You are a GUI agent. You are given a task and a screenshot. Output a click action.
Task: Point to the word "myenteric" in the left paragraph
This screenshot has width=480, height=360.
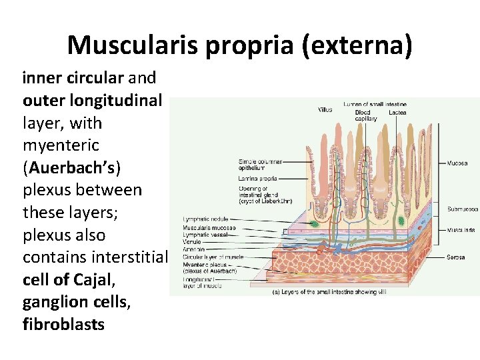(61, 145)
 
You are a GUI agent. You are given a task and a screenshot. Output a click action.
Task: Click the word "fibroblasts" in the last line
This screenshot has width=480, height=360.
(63, 324)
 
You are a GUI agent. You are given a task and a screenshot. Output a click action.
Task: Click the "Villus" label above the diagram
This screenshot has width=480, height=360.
(325, 109)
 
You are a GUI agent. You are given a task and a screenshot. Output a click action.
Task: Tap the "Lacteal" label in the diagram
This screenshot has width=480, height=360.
(397, 113)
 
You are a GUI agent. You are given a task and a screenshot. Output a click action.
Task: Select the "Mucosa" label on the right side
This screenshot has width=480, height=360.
(457, 163)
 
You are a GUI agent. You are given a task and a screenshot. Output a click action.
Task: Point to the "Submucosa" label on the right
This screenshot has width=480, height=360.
(462, 209)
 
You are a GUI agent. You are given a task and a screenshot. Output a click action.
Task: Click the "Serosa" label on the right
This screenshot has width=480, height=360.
(456, 257)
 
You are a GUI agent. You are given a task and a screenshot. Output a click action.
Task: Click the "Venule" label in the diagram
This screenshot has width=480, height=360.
(192, 243)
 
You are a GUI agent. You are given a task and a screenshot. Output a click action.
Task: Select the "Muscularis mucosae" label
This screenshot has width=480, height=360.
(209, 227)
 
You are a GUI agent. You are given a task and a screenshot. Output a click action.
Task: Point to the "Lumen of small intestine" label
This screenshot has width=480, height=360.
(375, 104)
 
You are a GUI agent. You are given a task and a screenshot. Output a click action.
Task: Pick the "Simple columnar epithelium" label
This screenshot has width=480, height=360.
(260, 165)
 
